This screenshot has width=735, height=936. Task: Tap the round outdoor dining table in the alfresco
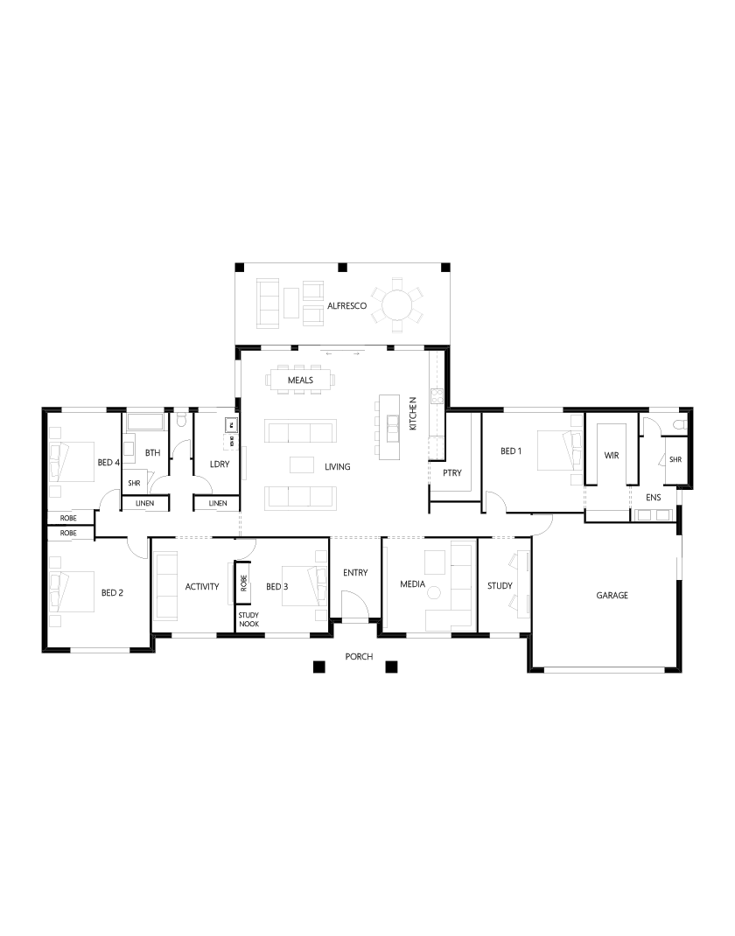pos(397,306)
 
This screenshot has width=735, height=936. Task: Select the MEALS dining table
pos(301,381)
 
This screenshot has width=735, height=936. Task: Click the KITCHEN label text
pos(413,412)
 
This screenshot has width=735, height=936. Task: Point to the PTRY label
pos(451,472)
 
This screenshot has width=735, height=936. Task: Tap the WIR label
pos(612,456)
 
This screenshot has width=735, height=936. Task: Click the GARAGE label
pos(612,595)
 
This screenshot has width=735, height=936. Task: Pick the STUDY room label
pos(500,586)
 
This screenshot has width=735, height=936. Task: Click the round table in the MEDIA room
pos(432,593)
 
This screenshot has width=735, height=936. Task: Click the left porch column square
pos(316,667)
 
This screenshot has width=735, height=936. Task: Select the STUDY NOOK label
pos(248,618)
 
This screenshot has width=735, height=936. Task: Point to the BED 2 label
pos(112,593)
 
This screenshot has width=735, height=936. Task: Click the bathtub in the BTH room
pos(146,423)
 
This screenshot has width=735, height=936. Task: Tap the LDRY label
pos(219,464)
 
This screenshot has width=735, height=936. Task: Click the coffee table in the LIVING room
pos(302,465)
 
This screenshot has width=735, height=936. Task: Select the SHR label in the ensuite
pos(675,460)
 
